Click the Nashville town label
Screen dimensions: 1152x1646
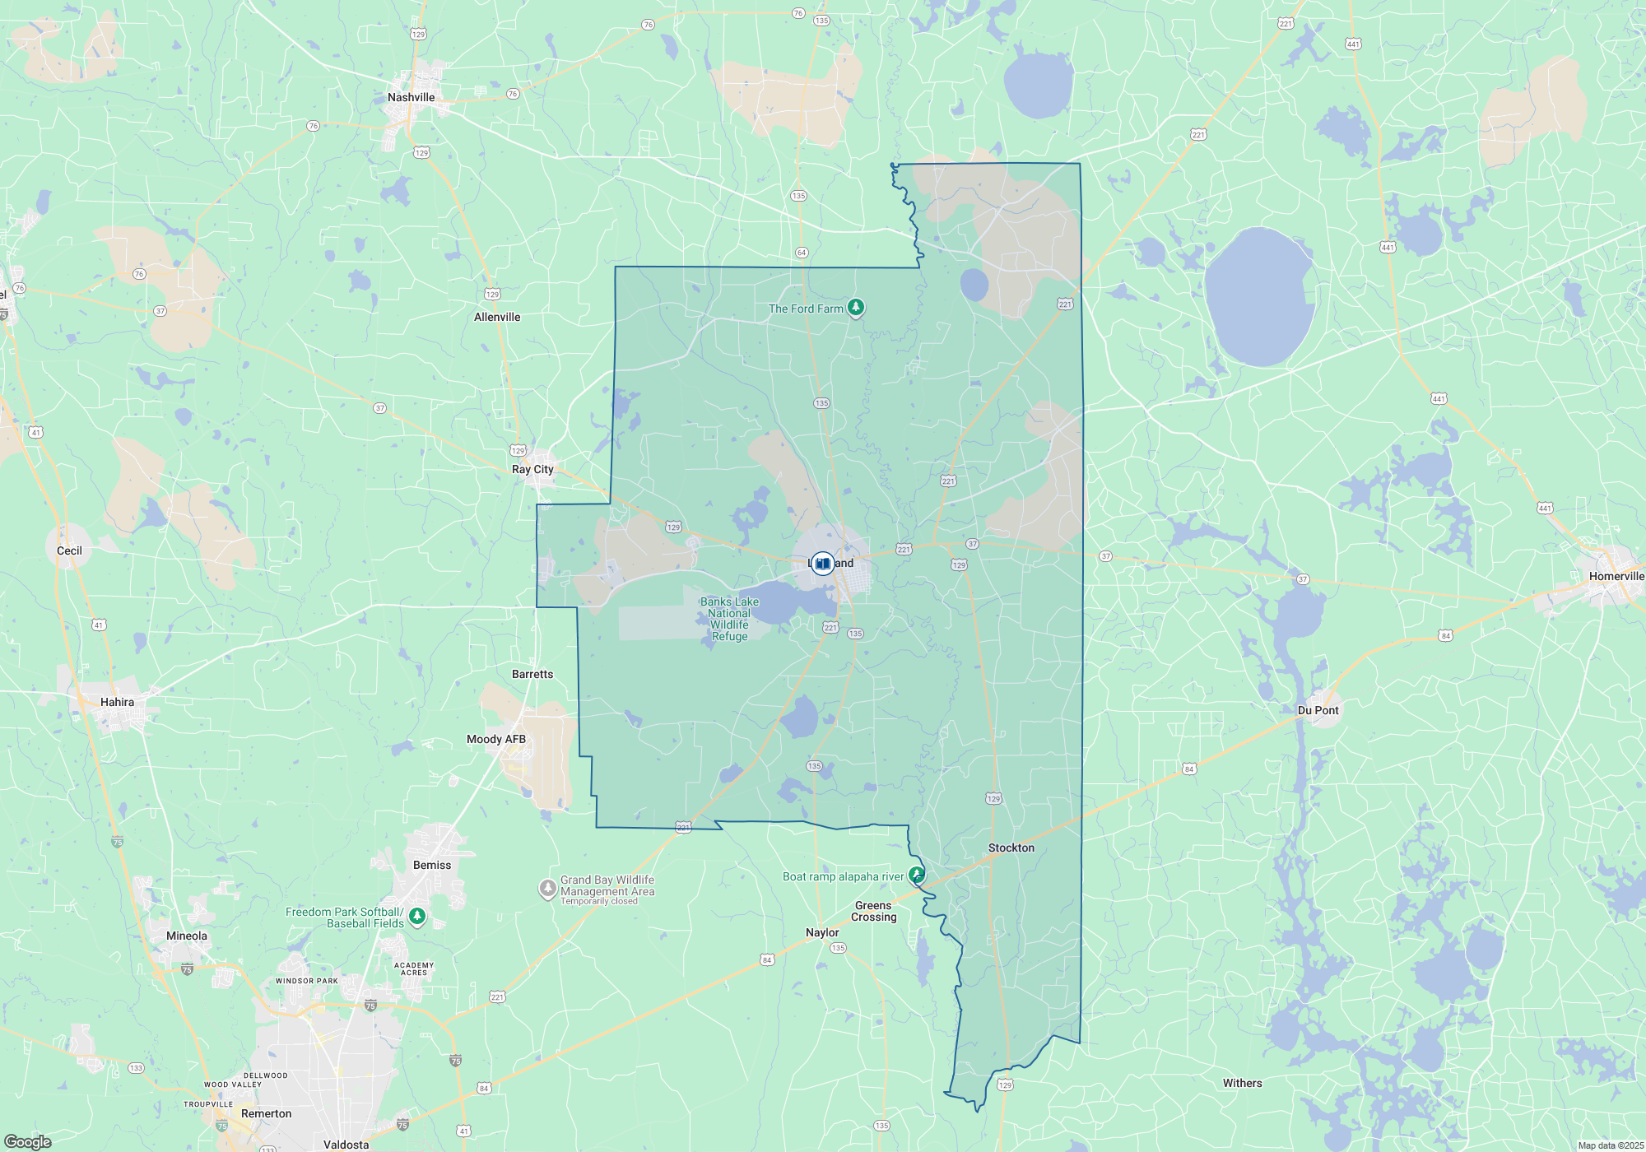point(411,97)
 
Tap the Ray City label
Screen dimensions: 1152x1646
point(532,469)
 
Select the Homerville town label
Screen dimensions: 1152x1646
point(1616,576)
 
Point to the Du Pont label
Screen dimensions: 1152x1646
point(1318,710)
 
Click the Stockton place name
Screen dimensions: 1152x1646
point(1011,848)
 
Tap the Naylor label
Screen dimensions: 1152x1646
point(822,932)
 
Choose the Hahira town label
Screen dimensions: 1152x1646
point(117,702)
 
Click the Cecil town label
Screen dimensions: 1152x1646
point(69,550)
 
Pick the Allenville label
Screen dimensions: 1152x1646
point(497,317)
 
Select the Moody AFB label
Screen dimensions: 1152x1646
point(495,739)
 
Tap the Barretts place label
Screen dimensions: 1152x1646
point(532,674)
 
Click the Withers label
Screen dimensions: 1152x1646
point(1242,1083)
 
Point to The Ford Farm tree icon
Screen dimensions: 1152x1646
point(856,308)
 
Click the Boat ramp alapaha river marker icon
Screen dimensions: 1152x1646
point(916,875)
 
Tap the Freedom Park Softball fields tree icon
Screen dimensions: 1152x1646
point(417,916)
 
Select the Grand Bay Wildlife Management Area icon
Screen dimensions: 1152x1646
point(547,889)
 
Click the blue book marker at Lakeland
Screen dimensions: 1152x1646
point(822,564)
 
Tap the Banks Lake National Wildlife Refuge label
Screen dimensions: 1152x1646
point(729,619)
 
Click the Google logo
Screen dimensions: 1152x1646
point(28,1142)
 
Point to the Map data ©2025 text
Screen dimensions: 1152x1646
point(1611,1145)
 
